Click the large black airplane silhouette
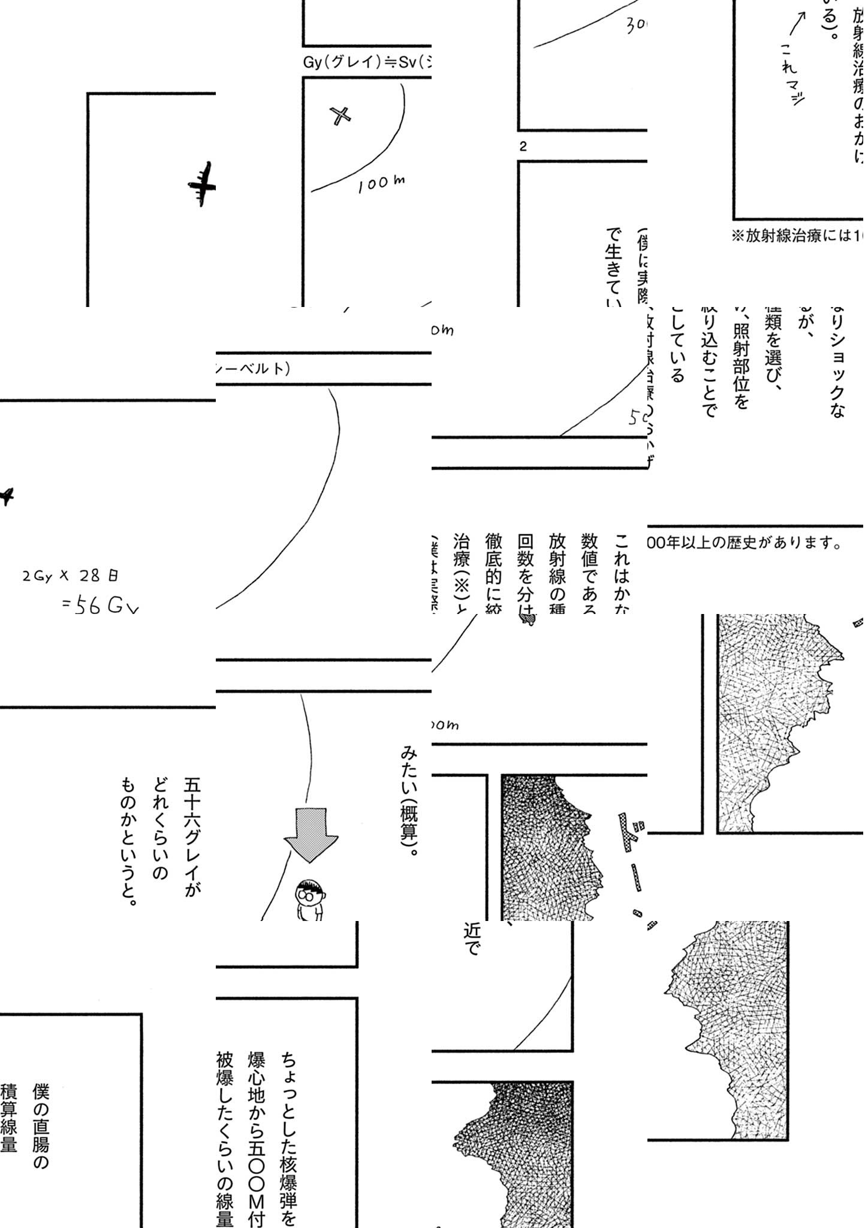click(202, 184)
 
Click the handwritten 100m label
click(381, 183)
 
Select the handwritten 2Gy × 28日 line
click(70, 576)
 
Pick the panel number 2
click(523, 146)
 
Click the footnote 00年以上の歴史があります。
click(743, 543)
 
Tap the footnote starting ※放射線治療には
click(797, 236)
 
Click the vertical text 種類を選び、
click(773, 348)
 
